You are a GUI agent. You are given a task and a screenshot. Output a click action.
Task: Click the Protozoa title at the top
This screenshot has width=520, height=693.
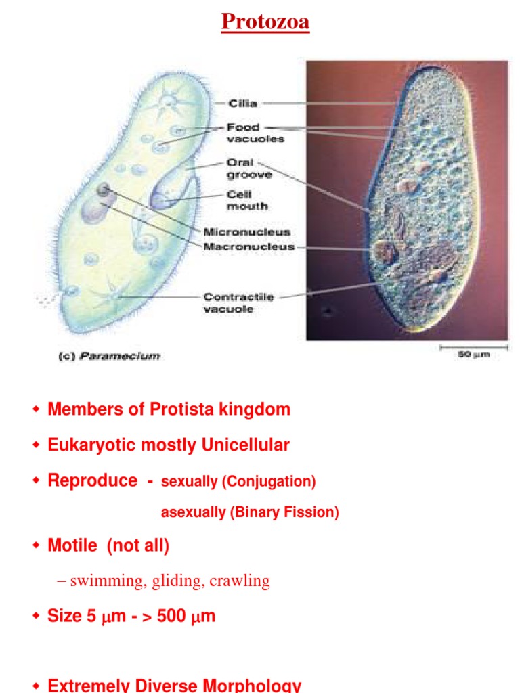pos(265,22)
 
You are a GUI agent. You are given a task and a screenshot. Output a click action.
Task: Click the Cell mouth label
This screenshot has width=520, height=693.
pos(246,200)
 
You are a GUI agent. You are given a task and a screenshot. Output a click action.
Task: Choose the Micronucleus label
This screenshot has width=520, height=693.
pos(246,231)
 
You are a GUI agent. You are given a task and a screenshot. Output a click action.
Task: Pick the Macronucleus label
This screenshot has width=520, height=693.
pos(248,247)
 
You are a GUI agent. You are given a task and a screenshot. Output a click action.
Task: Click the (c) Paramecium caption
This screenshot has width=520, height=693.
pos(108,355)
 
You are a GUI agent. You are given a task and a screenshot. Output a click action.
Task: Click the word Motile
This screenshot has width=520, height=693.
pos(72,545)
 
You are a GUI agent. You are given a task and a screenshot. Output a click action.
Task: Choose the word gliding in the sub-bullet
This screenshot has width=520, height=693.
pos(180,581)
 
